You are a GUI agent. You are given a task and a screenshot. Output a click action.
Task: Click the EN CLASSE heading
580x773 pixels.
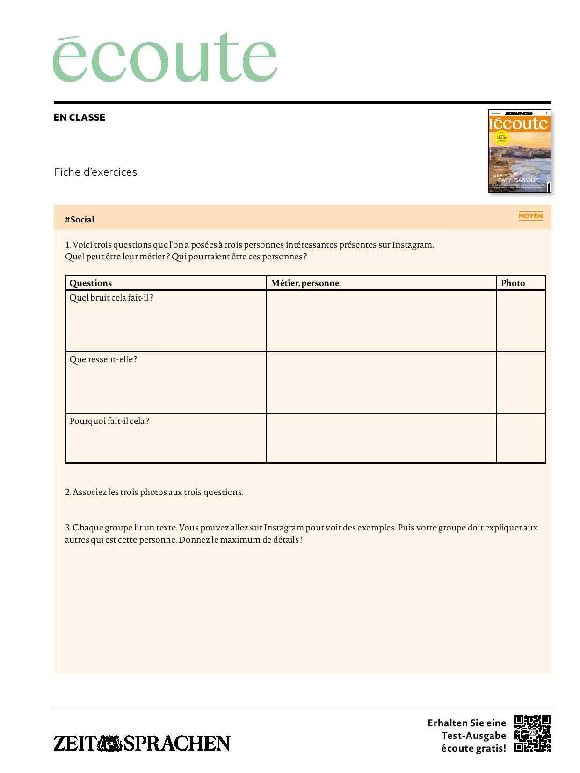coord(80,117)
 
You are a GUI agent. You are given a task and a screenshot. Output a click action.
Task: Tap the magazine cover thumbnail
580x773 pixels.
coord(519,150)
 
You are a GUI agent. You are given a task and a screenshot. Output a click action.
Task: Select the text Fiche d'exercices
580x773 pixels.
coord(95,172)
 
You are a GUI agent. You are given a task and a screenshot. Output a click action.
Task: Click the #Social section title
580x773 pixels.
coord(80,220)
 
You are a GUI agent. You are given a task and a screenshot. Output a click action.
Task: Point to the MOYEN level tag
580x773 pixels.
coord(530,216)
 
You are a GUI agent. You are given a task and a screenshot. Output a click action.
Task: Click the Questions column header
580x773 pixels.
coord(91,283)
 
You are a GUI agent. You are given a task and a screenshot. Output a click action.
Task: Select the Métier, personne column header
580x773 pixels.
coord(304,283)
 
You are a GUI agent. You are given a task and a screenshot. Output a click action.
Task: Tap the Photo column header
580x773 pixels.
coord(513,283)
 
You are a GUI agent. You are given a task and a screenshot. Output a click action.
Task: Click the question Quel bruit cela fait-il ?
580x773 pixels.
coord(111,298)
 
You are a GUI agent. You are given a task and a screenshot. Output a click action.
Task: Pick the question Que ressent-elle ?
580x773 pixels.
coord(103,359)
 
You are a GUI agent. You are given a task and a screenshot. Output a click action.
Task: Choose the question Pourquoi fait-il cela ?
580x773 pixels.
coord(109,421)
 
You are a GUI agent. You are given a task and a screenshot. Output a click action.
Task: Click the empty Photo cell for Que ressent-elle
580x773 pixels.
coord(521,382)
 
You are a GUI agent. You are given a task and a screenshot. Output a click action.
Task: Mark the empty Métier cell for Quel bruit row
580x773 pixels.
coord(381,321)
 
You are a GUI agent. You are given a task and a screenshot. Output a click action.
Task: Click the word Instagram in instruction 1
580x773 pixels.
coord(412,245)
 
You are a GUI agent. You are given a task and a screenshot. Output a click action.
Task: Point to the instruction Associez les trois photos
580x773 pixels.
coord(154,492)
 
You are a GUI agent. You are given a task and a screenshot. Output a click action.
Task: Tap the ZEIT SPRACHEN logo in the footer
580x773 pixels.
coord(142,743)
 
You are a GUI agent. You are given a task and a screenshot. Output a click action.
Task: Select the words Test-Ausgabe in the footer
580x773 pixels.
coord(474,736)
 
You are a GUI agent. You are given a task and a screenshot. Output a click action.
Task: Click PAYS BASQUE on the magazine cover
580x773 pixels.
coord(518,180)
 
